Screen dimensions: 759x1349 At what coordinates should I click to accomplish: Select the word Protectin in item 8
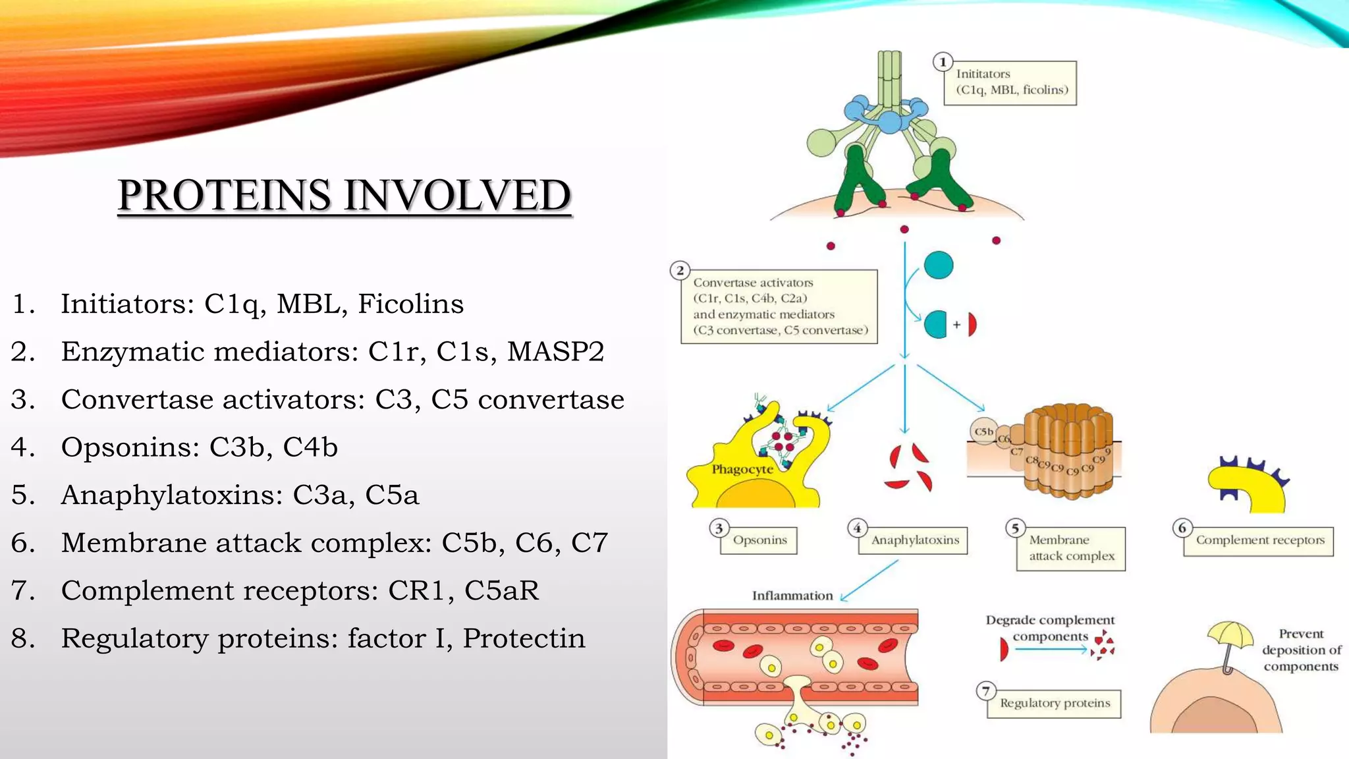[524, 638]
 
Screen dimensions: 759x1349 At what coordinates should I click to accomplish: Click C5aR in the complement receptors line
[501, 590]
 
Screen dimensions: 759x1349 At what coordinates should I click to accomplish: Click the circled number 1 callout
[943, 62]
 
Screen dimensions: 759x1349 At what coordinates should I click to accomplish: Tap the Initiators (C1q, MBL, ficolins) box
[1011, 82]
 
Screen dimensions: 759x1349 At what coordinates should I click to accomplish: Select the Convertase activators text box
[779, 306]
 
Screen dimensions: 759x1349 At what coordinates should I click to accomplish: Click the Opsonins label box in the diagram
[759, 540]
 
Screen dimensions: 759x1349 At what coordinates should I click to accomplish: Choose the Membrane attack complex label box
[1071, 548]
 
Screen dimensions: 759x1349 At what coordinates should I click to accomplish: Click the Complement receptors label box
[1259, 541]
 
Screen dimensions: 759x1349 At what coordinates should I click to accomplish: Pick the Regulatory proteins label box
[1054, 703]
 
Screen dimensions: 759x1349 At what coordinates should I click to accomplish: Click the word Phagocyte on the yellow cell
[742, 469]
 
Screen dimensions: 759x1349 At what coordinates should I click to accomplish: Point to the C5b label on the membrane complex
[983, 432]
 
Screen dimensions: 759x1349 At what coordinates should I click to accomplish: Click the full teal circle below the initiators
[938, 265]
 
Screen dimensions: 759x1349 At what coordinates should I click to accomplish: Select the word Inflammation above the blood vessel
[792, 596]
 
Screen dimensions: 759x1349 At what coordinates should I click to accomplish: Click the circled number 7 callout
[985, 690]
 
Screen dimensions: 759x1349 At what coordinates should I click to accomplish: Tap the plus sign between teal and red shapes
[956, 324]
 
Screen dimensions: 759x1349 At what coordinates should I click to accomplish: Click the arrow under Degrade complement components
[1051, 650]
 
